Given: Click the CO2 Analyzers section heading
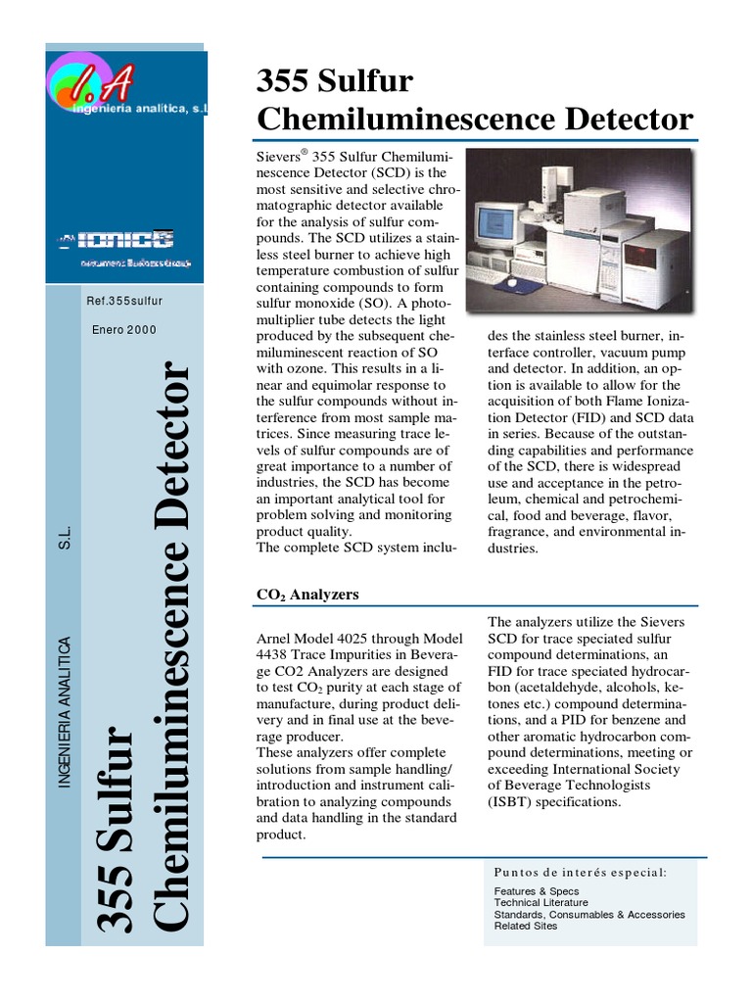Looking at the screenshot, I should pyautogui.click(x=307, y=594).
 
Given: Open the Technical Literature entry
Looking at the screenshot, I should pyautogui.click(x=541, y=902).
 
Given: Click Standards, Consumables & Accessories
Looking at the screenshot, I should pyautogui.click(x=589, y=914).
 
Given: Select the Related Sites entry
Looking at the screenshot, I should pyautogui.click(x=526, y=926).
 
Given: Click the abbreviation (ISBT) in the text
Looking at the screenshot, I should pyautogui.click(x=515, y=801).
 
